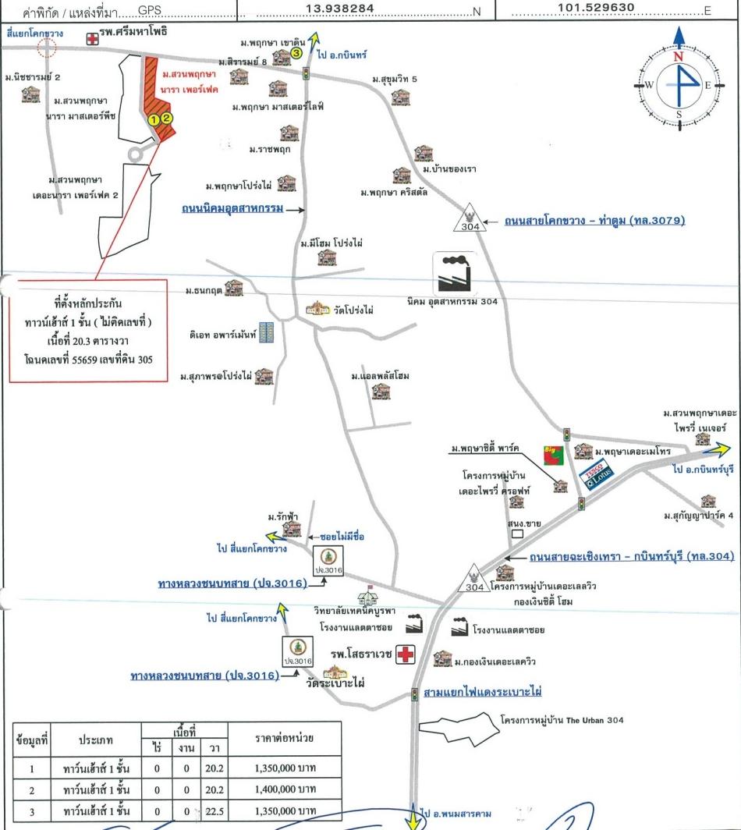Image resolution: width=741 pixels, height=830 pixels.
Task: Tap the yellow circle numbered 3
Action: tap(296, 52)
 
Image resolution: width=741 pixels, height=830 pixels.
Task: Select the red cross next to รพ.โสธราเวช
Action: tap(406, 654)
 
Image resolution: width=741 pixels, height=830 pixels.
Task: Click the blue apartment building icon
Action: tap(266, 333)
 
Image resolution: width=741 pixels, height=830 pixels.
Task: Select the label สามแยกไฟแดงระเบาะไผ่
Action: tap(482, 692)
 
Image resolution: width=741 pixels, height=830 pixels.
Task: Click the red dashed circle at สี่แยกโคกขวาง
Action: tap(48, 48)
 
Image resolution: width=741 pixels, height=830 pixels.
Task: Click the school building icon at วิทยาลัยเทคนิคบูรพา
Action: tap(367, 598)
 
